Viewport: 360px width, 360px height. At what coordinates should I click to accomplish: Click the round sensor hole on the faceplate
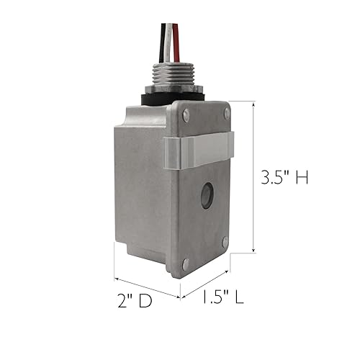click(207, 195)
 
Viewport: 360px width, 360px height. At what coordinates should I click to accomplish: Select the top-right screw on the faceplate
click(227, 114)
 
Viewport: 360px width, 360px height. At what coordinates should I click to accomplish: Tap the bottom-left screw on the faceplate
click(186, 264)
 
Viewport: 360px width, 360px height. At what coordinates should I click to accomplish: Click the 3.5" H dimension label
click(284, 176)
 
